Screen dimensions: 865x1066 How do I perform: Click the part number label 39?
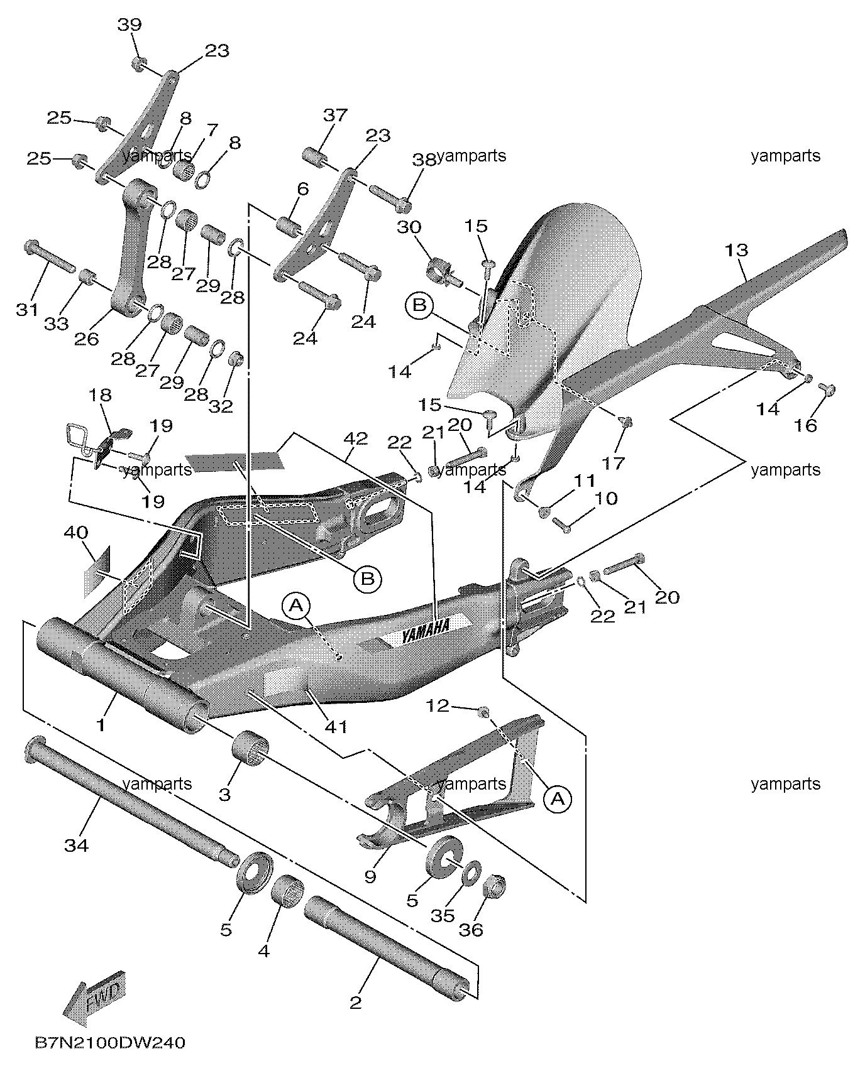129,25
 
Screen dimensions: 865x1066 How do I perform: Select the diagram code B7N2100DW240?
110,1043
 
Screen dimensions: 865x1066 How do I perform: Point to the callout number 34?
77,846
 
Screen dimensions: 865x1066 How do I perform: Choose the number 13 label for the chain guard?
736,250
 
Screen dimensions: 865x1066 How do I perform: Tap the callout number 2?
356,1001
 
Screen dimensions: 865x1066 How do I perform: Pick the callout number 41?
336,726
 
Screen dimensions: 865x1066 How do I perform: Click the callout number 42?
356,438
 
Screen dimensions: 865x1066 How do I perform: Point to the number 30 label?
409,227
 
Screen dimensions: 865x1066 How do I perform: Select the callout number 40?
75,532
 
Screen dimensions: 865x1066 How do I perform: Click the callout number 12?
438,705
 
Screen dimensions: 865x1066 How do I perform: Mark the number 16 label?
805,425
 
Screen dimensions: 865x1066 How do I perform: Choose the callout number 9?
370,875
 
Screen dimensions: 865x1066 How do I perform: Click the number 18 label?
101,394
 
